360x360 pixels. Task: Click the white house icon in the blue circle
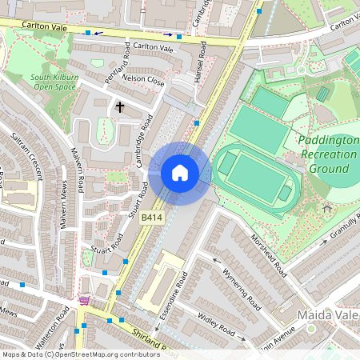[180, 173]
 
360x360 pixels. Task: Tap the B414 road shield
[152, 218]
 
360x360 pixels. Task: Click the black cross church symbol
[121, 106]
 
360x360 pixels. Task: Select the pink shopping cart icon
[84, 301]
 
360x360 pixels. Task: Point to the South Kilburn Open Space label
[54, 82]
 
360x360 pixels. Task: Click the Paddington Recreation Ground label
[328, 154]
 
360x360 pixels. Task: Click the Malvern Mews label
[63, 209]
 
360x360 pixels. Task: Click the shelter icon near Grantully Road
[326, 210]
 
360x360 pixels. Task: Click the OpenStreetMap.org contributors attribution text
[104, 354]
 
